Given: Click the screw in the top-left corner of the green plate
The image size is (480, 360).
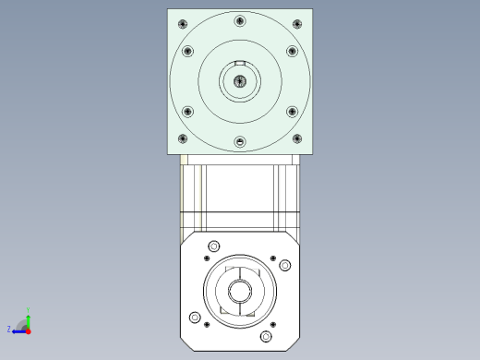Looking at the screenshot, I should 183,24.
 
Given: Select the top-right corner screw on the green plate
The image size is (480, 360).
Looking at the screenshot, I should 296,24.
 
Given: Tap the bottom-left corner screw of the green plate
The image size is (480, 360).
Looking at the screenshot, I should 183,138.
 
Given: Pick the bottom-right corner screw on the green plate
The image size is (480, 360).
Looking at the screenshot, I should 296,138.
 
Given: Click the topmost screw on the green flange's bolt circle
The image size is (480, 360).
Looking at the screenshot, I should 240,21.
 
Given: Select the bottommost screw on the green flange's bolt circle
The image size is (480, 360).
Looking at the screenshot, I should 240,141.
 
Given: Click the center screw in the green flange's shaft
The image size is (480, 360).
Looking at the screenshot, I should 240,81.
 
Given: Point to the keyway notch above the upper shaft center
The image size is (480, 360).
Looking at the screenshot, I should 240,63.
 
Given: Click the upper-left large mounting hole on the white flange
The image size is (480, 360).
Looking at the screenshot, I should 214,246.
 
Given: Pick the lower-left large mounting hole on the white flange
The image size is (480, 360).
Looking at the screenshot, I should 194,318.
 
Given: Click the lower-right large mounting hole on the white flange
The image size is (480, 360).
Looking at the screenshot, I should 266,337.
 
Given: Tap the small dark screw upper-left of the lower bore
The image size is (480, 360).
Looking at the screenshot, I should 206,258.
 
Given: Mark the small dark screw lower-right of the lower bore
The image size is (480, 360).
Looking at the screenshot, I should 273,324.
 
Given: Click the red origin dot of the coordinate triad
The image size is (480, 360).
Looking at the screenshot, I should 29,329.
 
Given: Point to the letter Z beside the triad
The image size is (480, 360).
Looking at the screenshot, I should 9,329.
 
